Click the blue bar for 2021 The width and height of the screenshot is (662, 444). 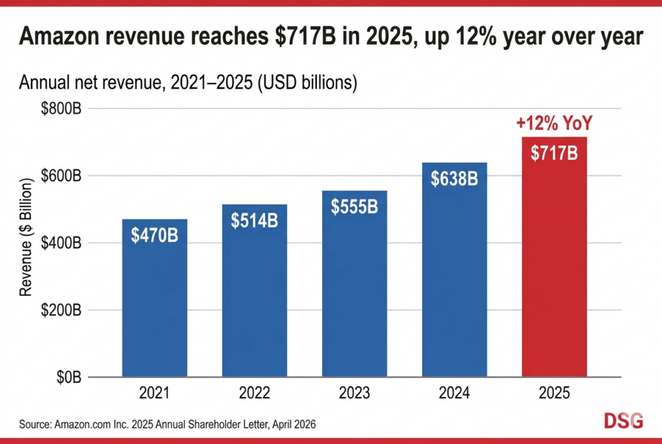tap(155, 304)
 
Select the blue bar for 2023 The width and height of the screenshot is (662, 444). tap(354, 291)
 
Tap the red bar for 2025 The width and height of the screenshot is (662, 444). tap(554, 271)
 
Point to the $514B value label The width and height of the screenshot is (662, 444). tap(254, 220)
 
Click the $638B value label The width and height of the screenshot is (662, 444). tap(454, 178)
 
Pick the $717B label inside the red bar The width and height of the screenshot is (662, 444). tap(554, 154)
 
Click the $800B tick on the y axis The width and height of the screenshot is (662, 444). tap(61, 109)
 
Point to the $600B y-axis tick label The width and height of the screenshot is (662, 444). tap(61, 176)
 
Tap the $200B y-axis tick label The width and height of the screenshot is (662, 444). tap(61, 310)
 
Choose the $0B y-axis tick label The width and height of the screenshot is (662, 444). tap(67, 377)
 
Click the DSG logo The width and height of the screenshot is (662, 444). tap(623, 421)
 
